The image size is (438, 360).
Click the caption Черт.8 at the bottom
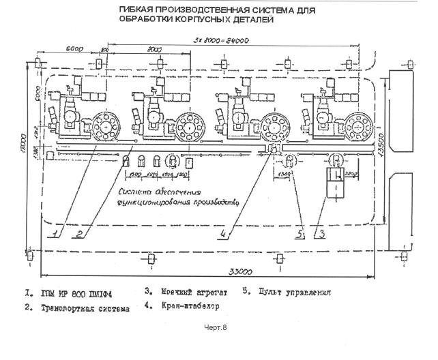[216, 328]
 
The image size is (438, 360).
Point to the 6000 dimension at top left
[75, 49]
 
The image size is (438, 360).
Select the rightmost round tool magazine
[357, 125]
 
